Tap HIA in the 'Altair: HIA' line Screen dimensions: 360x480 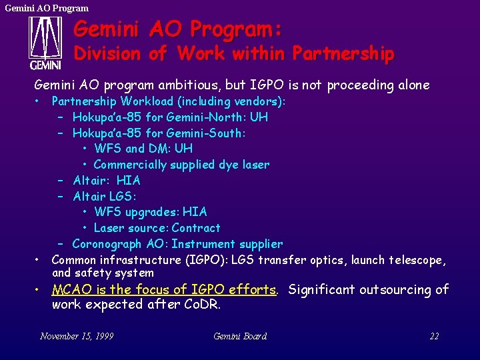tap(128, 181)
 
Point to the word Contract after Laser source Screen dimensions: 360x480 tap(195, 228)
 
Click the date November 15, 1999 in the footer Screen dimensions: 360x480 tap(77, 336)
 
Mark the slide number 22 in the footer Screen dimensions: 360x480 tap(434, 336)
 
